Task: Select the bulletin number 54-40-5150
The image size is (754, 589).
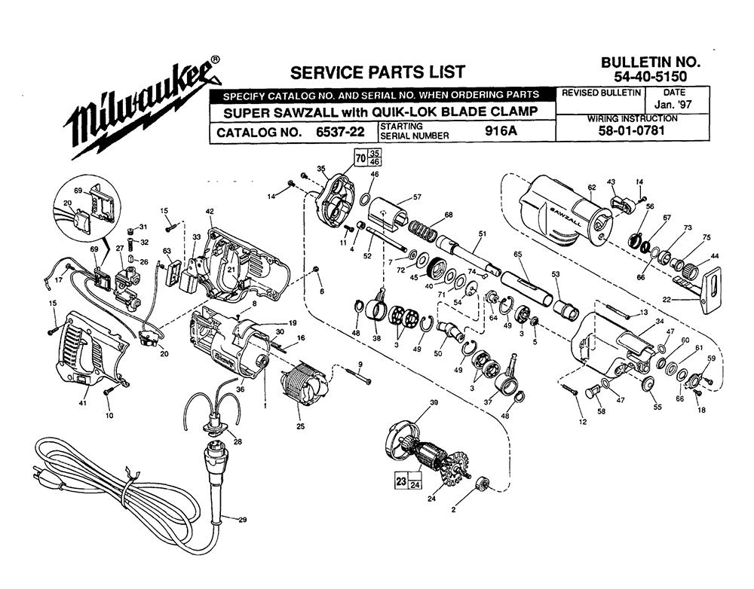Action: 649,77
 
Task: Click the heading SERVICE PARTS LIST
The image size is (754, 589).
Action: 378,72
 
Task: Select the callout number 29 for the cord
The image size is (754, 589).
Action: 242,519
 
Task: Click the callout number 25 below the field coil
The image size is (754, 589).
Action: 300,427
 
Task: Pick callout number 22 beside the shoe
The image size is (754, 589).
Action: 666,300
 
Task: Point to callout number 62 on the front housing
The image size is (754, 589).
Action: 592,187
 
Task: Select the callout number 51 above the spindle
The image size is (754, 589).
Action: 482,233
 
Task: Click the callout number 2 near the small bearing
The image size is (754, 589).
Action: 453,510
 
